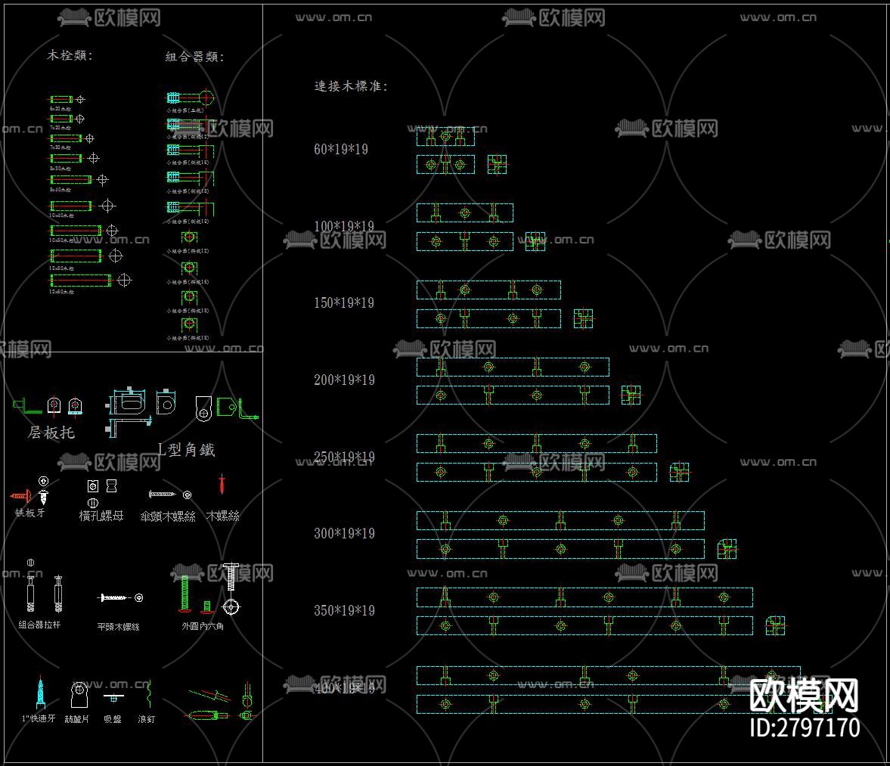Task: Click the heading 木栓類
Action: click(70, 55)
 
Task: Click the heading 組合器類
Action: click(194, 57)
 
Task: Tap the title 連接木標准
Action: click(351, 86)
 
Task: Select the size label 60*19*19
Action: click(341, 149)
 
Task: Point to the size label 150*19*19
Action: click(344, 302)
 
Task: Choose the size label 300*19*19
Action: click(344, 533)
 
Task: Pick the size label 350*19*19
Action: click(344, 610)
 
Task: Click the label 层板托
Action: click(51, 433)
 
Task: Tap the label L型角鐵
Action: click(187, 450)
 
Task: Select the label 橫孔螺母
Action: click(101, 516)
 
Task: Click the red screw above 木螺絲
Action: click(222, 485)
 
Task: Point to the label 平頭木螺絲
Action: click(118, 626)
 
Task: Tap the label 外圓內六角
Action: click(203, 626)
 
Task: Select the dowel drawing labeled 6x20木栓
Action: click(60, 99)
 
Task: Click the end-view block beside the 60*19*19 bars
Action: click(497, 164)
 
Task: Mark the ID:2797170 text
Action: click(805, 727)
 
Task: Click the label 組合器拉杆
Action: click(39, 625)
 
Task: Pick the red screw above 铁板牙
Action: click(20, 496)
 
